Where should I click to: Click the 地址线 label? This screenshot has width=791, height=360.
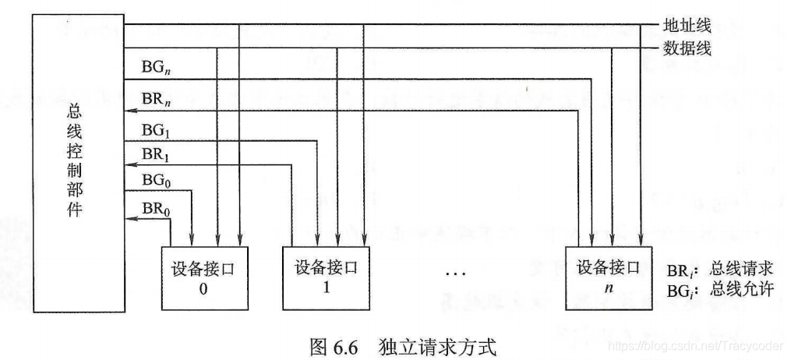pos(687,26)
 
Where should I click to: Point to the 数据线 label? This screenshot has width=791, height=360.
pos(687,48)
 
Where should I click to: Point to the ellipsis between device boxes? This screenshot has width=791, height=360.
pos(455,274)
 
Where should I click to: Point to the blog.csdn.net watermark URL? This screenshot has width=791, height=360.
pos(697,344)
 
